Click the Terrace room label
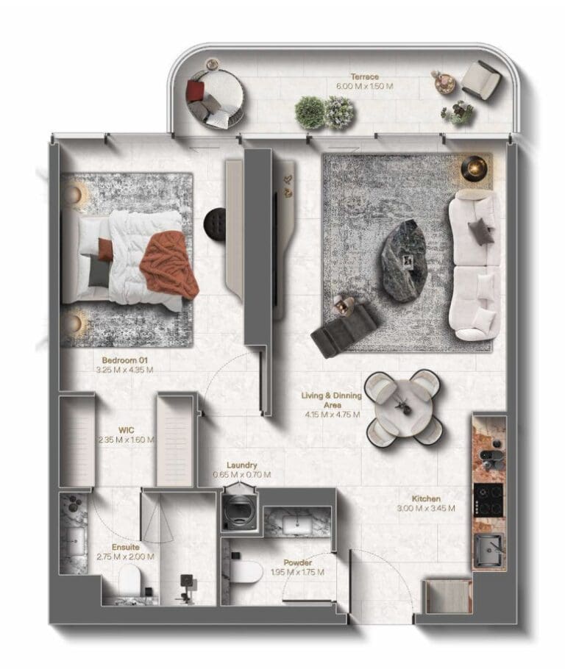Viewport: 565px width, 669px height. [364, 76]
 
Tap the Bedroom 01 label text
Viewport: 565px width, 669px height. [125, 360]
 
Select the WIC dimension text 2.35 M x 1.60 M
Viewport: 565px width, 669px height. [127, 440]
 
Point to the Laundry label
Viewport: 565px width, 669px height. [241, 465]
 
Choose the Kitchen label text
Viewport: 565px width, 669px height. [427, 498]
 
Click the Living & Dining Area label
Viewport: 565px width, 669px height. [331, 400]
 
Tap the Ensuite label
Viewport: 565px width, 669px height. [126, 547]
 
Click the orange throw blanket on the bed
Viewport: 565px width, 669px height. [169, 264]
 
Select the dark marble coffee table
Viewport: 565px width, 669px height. [403, 260]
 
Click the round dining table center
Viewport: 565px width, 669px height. [404, 407]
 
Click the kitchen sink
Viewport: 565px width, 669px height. [489, 548]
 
